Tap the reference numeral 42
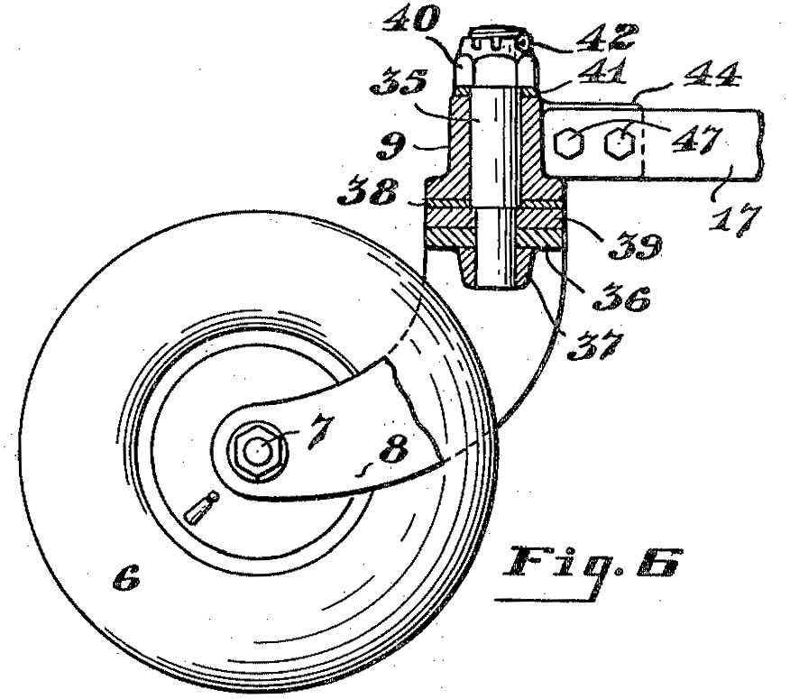pyautogui.click(x=607, y=38)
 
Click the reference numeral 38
pyautogui.click(x=370, y=190)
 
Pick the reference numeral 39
pyautogui.click(x=635, y=245)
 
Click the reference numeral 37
pyautogui.click(x=595, y=345)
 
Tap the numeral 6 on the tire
pyautogui.click(x=126, y=577)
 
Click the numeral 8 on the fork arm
pyautogui.click(x=394, y=448)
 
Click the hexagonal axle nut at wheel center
pyautogui.click(x=259, y=449)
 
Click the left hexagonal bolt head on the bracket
pyautogui.click(x=569, y=143)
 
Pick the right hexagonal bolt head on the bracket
pyautogui.click(x=618, y=143)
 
